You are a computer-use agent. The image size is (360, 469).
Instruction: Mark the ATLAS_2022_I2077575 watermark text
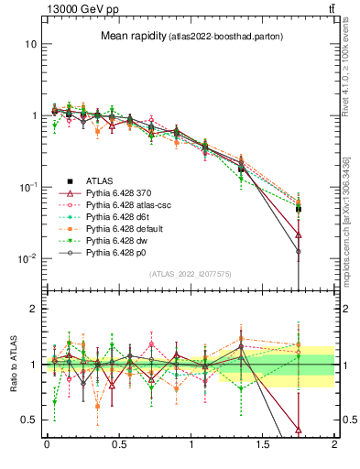tap(190, 274)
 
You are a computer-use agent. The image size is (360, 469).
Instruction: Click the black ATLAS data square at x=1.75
tap(299, 209)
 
